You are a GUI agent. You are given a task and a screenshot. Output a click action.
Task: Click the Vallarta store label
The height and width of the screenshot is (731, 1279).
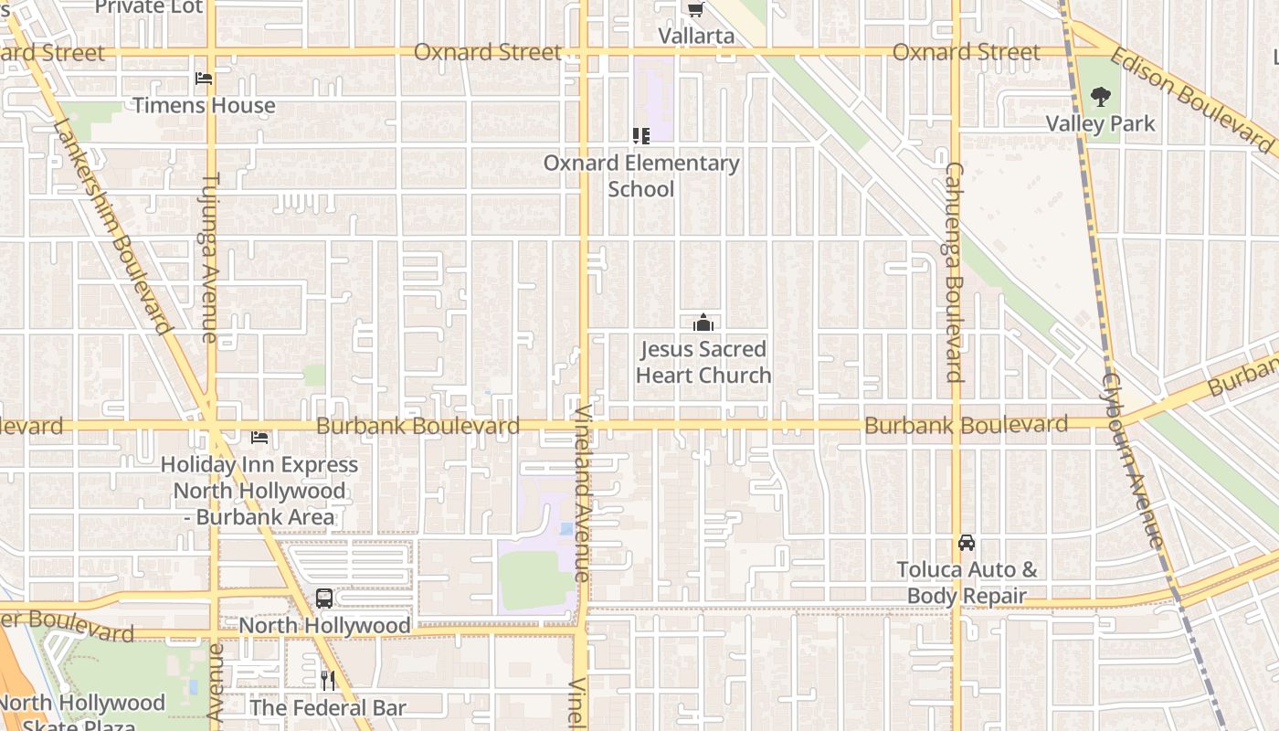point(696,36)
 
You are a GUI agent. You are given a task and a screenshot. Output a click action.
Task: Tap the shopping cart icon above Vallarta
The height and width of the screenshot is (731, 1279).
point(696,10)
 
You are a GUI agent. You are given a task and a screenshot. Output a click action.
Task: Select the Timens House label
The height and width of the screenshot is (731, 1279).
point(204,105)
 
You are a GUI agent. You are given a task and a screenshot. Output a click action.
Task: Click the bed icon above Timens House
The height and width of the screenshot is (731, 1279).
point(204,79)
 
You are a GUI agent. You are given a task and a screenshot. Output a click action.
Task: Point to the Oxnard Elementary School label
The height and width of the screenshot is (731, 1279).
point(641,175)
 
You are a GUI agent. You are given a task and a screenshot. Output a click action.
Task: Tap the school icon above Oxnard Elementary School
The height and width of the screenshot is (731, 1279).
point(641,136)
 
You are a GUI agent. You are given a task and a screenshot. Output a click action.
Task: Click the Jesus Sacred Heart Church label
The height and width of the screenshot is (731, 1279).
point(703,362)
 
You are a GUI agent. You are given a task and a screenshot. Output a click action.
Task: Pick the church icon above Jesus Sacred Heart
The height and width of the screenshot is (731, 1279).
point(703,323)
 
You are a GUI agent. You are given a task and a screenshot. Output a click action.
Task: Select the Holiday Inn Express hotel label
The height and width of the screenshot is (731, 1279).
point(259,491)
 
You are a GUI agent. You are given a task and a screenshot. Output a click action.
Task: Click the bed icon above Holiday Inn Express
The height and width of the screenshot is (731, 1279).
point(259,438)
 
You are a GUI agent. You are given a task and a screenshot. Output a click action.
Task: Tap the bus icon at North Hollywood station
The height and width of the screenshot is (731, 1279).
point(324,599)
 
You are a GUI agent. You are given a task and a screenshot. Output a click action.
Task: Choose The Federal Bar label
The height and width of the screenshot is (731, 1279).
point(328,707)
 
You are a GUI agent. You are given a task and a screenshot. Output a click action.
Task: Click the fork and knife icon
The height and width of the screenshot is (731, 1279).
point(328,680)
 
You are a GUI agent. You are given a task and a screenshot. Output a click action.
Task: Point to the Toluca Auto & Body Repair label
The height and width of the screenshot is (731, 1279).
point(967,583)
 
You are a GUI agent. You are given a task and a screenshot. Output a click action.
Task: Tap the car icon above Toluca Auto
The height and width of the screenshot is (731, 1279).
point(967,543)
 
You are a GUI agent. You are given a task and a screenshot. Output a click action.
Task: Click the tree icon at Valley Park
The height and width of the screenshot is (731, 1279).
point(1101,97)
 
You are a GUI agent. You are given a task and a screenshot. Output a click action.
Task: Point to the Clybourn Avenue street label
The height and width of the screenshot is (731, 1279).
point(1133,460)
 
